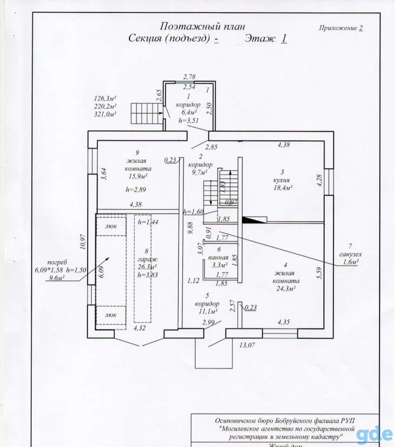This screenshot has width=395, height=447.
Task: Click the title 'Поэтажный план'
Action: coord(202,27)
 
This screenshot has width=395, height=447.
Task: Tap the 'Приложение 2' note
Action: coord(341,28)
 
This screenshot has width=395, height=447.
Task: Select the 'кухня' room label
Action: coord(281,180)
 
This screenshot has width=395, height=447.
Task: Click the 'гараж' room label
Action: coord(148,260)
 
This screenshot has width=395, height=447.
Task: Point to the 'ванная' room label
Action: coord(218,257)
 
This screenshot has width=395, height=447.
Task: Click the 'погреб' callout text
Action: coord(57,262)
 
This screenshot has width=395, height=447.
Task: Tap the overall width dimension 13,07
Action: coord(247,345)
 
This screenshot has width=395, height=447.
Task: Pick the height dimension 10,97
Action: coord(83,242)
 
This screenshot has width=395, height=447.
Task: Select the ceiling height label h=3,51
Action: coord(189,121)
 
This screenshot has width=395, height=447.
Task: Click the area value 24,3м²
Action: coord(286,289)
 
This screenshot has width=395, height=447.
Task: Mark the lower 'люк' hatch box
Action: coord(111,315)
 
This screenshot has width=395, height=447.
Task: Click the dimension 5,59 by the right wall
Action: coord(320,272)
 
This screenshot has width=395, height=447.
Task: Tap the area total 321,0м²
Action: coord(105,114)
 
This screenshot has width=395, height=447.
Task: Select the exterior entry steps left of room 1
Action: coord(147,114)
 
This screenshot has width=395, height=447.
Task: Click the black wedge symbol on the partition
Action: coord(254,220)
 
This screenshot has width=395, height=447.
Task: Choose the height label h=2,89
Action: coord(136,190)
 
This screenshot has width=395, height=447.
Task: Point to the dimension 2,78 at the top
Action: coord(190,77)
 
